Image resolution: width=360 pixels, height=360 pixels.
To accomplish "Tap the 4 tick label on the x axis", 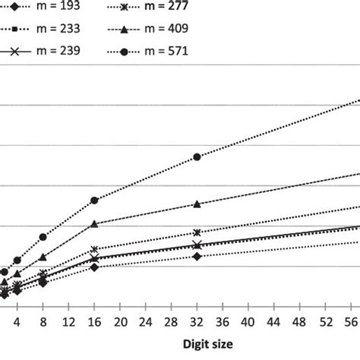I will click(17, 311).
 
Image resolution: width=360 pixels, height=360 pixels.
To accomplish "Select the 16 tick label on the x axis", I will click(94, 311).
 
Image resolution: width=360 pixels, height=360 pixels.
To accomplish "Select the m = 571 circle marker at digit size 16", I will click(94, 200).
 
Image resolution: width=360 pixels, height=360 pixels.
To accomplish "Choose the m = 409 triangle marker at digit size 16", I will click(94, 224).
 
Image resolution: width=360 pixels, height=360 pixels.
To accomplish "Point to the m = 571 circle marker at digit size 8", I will click(43, 237).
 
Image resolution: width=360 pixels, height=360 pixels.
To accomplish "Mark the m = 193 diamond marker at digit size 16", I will click(94, 267).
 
